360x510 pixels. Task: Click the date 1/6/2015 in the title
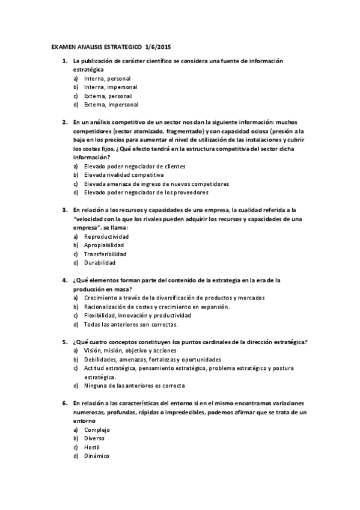click(158, 46)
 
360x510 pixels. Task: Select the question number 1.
click(64, 61)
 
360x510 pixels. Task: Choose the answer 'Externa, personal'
click(108, 96)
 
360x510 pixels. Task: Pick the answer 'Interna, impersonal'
click(111, 87)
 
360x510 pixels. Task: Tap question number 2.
click(64, 122)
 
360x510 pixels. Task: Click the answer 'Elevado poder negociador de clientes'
click(134, 166)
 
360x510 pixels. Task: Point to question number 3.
click(64, 210)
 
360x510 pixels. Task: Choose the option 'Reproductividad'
click(106, 236)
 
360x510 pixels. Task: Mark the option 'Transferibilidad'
click(106, 254)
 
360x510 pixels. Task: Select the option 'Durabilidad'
click(100, 262)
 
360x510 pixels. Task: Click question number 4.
click(64, 280)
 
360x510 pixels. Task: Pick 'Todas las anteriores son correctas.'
click(130, 324)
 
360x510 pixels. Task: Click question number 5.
click(64, 342)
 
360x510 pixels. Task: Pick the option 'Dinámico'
click(97, 456)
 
